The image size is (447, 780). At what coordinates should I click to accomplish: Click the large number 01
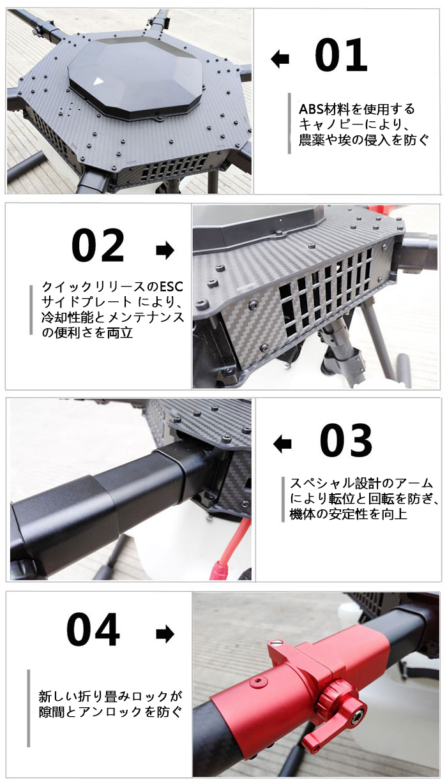341,55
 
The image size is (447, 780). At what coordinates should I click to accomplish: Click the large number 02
98,245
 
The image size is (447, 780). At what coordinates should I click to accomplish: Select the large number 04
93,629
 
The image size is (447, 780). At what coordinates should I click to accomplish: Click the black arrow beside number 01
280,59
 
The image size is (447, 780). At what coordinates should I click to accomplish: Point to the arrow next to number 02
165,250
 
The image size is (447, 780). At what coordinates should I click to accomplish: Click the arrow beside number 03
282,444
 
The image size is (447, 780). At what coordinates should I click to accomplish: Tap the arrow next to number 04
165,634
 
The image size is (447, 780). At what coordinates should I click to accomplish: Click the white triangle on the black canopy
98,82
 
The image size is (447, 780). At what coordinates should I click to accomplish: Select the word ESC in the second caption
171,287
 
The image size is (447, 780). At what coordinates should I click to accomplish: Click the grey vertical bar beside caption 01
289,123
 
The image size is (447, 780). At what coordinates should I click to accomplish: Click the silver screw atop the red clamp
278,640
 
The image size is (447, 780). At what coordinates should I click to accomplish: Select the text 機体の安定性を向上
349,514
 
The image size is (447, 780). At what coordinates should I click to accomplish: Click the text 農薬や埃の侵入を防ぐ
364,139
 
